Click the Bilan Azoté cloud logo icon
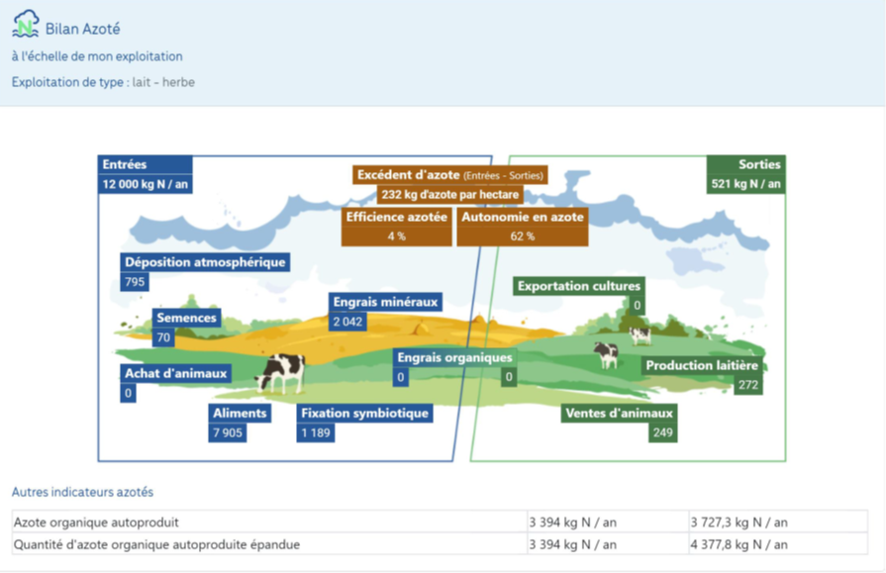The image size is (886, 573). [x=26, y=24]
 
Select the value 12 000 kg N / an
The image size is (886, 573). [x=146, y=184]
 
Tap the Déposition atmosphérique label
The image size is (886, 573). [x=205, y=262]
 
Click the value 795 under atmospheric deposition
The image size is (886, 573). [x=135, y=281]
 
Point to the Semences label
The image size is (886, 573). [x=186, y=318]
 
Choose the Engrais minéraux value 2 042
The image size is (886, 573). [x=347, y=322]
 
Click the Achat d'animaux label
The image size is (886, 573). [x=176, y=373]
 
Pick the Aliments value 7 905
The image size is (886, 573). [x=228, y=432]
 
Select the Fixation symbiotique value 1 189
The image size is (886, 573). [x=316, y=432]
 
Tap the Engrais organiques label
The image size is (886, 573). [x=454, y=357]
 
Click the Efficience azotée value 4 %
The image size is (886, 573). [x=397, y=237]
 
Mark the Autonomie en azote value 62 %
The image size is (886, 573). [x=523, y=237]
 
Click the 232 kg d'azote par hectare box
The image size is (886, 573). [x=450, y=194]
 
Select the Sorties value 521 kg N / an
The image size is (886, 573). [x=745, y=184]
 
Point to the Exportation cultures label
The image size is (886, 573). [x=579, y=286]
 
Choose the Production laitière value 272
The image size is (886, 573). [x=748, y=385]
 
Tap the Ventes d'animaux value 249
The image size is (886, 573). [x=663, y=432]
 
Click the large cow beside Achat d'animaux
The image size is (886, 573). [x=280, y=373]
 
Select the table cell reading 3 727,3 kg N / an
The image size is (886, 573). [x=738, y=523]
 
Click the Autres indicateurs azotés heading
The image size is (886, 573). [x=82, y=492]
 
